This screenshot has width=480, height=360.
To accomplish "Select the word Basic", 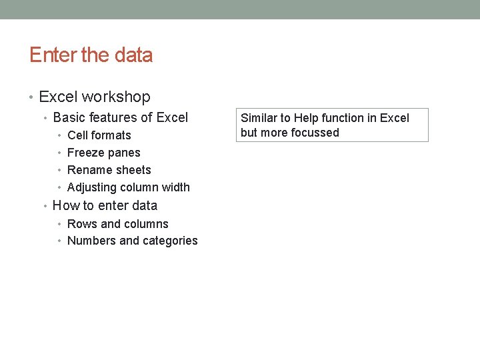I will (69, 118).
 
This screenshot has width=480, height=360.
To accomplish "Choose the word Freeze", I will (86, 153).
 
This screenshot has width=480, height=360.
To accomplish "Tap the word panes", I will (125, 153).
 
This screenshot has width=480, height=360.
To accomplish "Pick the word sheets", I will (133, 170).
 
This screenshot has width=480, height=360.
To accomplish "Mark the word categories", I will (169, 241).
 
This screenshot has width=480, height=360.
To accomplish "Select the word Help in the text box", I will (306, 118).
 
